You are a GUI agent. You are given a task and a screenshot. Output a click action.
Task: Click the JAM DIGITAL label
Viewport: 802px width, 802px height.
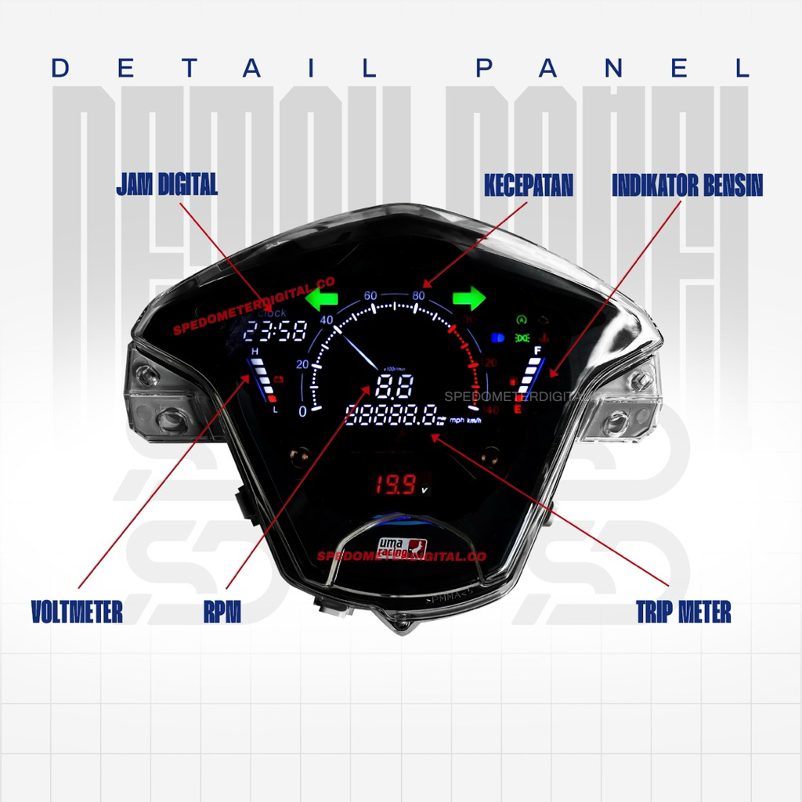pos(167,186)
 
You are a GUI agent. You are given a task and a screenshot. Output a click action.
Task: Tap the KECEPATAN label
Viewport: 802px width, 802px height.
pos(528,186)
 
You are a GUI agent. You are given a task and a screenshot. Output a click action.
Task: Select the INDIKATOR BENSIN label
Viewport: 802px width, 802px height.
pos(687,186)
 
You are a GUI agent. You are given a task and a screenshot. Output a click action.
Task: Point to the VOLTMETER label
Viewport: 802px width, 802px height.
pos(77,612)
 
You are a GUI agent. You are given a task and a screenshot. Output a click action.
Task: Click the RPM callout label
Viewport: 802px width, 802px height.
pos(222,612)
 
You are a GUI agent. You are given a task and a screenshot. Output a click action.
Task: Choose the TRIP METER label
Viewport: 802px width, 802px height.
pos(684,612)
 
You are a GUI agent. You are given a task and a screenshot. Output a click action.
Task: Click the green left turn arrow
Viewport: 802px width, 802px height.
pos(321,298)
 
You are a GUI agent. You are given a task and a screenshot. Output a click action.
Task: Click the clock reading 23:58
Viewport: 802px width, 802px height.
pos(263,332)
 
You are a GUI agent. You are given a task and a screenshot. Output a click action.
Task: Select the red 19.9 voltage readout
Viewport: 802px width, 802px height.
pos(397,486)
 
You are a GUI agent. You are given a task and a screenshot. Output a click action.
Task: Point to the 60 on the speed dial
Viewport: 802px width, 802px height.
pos(371,295)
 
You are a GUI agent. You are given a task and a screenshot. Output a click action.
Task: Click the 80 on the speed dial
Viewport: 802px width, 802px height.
pos(418,295)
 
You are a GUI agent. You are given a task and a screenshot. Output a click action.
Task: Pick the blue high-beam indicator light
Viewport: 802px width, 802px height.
pos(496,338)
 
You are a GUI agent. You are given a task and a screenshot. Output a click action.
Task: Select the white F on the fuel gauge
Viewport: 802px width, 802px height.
pos(537,349)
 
